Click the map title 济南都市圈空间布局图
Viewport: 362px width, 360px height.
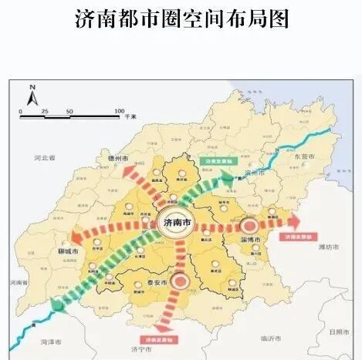[x=181, y=19]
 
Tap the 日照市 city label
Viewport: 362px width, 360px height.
[x=338, y=331]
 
